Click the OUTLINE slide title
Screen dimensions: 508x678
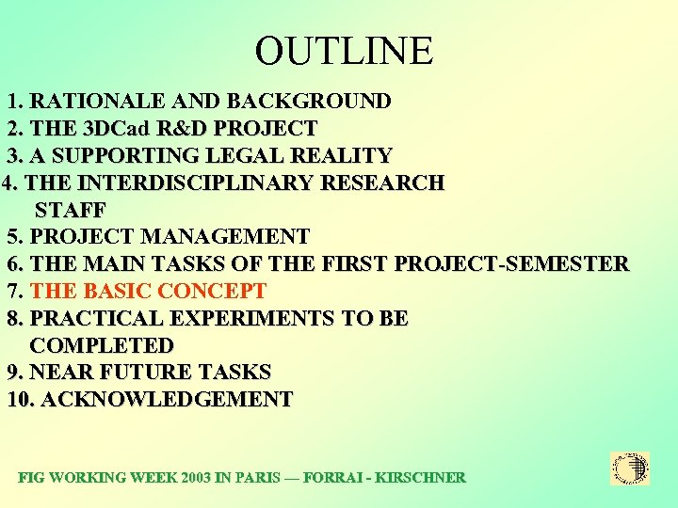point(344,51)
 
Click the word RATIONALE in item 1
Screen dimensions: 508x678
point(92,102)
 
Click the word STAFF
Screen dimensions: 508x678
point(71,210)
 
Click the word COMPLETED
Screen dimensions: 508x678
point(103,346)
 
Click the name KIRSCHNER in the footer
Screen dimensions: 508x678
point(419,478)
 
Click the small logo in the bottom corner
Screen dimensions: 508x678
point(630,468)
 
